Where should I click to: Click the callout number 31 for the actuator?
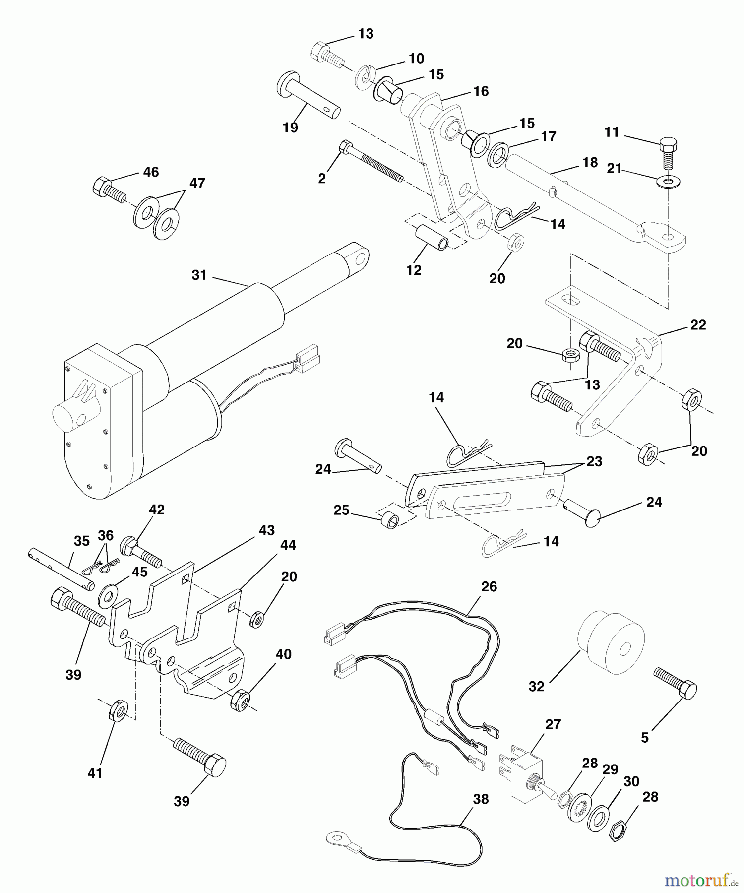tap(199, 275)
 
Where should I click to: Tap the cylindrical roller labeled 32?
tap(612, 643)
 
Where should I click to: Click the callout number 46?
tap(151, 172)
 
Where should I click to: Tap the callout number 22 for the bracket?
tap(698, 325)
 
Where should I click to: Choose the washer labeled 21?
tap(669, 181)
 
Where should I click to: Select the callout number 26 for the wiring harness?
tap(489, 587)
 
